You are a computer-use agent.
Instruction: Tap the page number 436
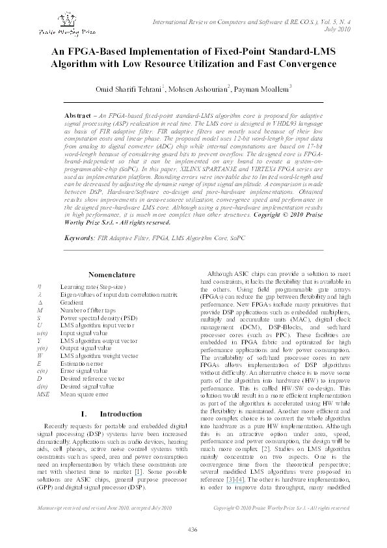coord(193,529)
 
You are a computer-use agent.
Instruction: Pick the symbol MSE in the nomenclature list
coord(43,394)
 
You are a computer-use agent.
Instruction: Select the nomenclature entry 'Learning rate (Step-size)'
coord(94,286)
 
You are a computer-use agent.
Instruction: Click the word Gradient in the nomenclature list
coord(72,302)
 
